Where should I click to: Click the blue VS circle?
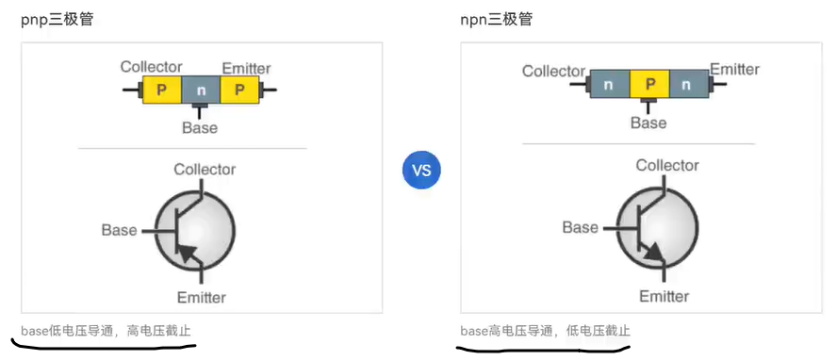coord(421,170)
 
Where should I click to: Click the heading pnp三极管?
coord(57,19)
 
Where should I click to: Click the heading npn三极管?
coord(496,19)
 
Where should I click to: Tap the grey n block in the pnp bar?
coord(201,90)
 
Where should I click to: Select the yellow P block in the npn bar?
coord(648,85)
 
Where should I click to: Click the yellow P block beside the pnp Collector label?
coord(162,90)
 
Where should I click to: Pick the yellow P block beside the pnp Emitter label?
coord(239,90)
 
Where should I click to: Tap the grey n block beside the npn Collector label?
coord(609,85)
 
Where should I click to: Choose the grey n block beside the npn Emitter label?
coord(687,85)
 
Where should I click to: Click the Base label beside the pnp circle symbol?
coord(120,230)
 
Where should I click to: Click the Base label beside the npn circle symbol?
coord(580,227)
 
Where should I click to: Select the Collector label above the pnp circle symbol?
coord(205,170)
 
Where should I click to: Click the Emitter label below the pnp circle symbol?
coord(202,298)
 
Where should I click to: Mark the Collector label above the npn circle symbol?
coord(667,166)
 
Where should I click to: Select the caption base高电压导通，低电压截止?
coord(545,331)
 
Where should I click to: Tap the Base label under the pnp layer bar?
coord(200,127)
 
